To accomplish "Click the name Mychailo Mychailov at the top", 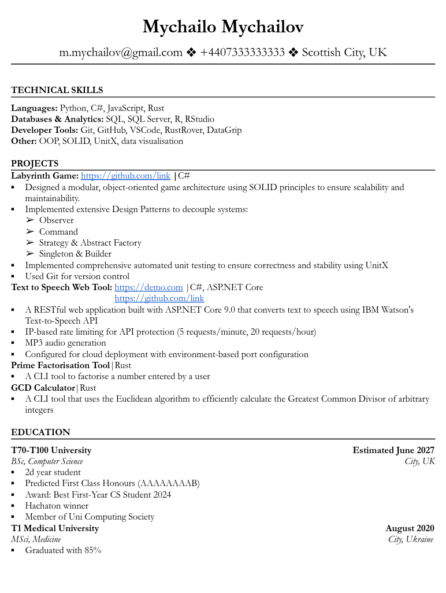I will pyautogui.click(x=222, y=27).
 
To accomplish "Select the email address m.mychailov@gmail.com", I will pyautogui.click(x=121, y=53).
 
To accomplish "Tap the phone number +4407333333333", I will pyautogui.click(x=242, y=53).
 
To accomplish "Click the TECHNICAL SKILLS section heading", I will pyautogui.click(x=57, y=90).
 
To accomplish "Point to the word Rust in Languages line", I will pyautogui.click(x=156, y=108).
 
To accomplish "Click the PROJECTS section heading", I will pyautogui.click(x=35, y=164).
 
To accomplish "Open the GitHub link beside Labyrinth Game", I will pyautogui.click(x=125, y=176).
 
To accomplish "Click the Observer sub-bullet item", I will pyautogui.click(x=57, y=220).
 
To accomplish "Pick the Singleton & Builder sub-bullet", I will pyautogui.click(x=75, y=254).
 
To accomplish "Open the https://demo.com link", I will pyautogui.click(x=148, y=287).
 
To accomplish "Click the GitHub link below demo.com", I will pyautogui.click(x=159, y=298).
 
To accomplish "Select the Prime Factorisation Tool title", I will pyautogui.click(x=60, y=365).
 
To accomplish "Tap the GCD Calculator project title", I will pyautogui.click(x=43, y=388).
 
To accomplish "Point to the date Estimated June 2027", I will pyautogui.click(x=393, y=450).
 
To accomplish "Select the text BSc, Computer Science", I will pyautogui.click(x=47, y=461).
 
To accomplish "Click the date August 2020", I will pyautogui.click(x=410, y=528).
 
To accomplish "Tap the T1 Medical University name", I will pyautogui.click(x=55, y=528).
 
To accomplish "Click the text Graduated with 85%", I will pyautogui.click(x=63, y=550).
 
